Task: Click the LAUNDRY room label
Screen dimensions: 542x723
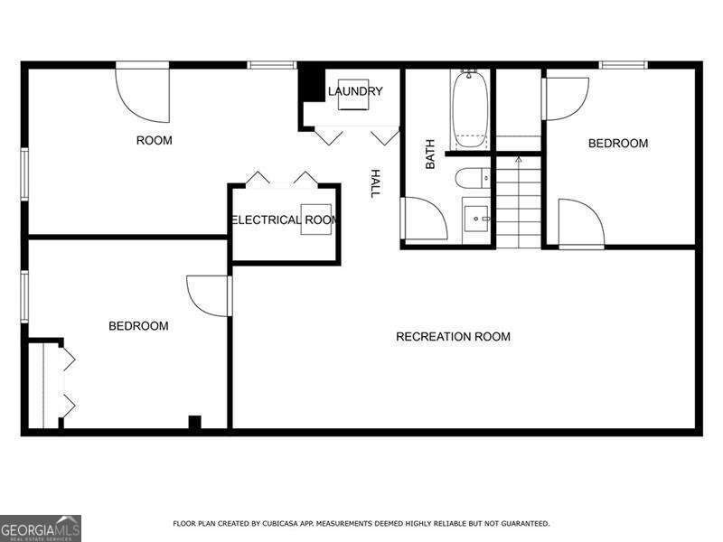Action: click(x=355, y=91)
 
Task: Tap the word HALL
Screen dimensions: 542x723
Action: click(x=374, y=183)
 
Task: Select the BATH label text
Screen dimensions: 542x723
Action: click(x=430, y=154)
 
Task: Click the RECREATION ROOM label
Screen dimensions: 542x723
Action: click(x=453, y=337)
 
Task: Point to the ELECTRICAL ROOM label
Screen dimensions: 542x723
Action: click(x=284, y=220)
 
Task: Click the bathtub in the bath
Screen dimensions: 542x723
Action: click(x=470, y=110)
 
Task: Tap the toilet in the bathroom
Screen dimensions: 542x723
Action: click(x=472, y=177)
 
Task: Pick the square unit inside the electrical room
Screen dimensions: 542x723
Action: click(x=318, y=219)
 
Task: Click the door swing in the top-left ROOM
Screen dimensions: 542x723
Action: click(x=145, y=95)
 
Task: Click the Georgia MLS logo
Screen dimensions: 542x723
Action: click(x=41, y=528)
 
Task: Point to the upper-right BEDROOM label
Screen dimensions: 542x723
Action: click(x=618, y=144)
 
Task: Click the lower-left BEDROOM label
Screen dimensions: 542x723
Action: click(x=138, y=326)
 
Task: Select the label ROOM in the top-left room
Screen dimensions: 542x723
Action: click(x=154, y=140)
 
